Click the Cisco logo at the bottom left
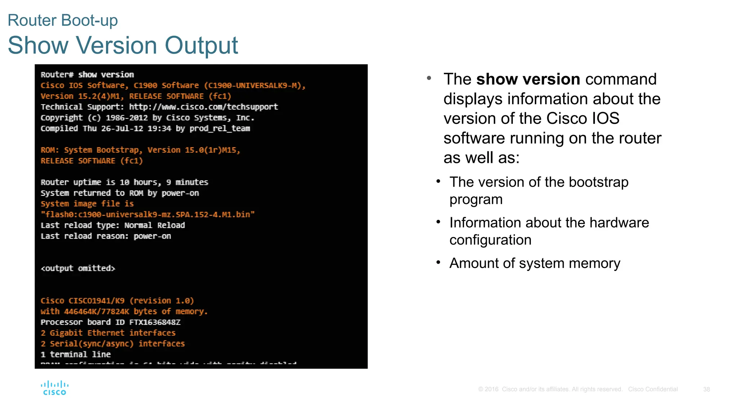click(x=54, y=388)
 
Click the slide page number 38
click(x=706, y=389)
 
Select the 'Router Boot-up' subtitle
click(x=63, y=20)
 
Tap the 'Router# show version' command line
click(x=87, y=75)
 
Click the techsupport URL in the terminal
click(x=203, y=107)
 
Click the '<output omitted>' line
click(x=78, y=268)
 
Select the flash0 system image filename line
click(x=148, y=215)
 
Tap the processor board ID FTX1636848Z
click(x=155, y=322)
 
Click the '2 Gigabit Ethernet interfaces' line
click(x=108, y=333)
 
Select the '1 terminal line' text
click(x=76, y=354)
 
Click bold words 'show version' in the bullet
click(x=528, y=79)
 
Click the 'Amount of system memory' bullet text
click(x=535, y=263)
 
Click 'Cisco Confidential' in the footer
click(x=653, y=389)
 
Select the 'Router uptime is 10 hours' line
click(x=124, y=182)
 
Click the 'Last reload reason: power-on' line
click(x=106, y=236)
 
